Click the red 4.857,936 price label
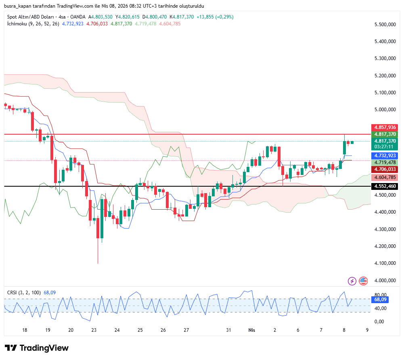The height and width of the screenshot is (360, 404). click(385, 127)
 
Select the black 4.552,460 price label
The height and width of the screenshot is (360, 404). click(385, 187)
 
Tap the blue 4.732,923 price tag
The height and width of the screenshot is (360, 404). click(385, 155)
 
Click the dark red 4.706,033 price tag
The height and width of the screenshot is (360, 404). click(385, 169)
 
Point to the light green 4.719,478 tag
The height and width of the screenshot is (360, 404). click(385, 162)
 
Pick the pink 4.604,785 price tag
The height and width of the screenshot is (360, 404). click(385, 177)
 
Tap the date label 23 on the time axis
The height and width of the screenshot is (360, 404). click(94, 330)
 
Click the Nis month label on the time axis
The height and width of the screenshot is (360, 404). click(252, 330)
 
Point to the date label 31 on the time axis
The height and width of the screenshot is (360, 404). click(228, 330)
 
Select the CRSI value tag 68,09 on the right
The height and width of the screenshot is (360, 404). click(380, 300)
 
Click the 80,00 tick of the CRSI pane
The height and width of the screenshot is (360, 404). click(380, 295)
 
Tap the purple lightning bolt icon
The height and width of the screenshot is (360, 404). click(352, 281)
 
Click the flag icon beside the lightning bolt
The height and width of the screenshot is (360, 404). click(363, 281)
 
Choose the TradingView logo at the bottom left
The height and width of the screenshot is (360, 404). click(37, 348)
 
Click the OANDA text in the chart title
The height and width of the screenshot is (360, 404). click(78, 17)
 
